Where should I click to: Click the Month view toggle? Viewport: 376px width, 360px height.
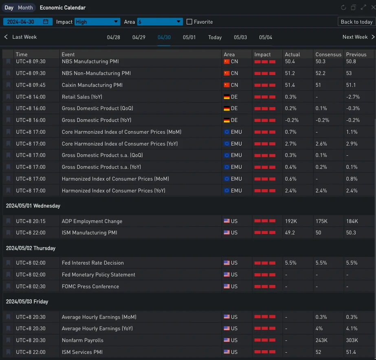tap(25, 8)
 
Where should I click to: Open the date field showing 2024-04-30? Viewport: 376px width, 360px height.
tap(28, 22)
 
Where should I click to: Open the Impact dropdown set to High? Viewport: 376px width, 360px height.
tap(97, 22)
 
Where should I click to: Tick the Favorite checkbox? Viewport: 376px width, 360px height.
tap(189, 22)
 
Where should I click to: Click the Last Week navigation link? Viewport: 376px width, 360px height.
tap(21, 37)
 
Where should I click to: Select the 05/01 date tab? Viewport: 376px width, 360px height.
tap(189, 38)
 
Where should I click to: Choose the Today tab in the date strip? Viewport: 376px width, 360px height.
tap(215, 38)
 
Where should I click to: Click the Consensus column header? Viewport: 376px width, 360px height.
tap(328, 54)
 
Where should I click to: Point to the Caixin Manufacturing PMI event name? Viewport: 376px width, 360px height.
tap(92, 85)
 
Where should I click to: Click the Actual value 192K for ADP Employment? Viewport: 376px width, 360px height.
tap(292, 221)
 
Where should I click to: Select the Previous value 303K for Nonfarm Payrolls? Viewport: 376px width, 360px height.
tap(352, 340)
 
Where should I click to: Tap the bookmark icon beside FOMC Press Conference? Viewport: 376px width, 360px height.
tap(8, 287)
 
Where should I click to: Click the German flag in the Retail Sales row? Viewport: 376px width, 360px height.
tap(226, 97)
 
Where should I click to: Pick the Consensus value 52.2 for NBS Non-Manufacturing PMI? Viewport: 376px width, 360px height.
tap(321, 73)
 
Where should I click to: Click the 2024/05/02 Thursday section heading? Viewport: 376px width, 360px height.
tap(31, 248)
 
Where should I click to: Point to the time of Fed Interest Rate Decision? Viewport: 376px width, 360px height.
tap(31, 263)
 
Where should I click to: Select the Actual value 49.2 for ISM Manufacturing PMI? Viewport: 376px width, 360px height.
tap(290, 233)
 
